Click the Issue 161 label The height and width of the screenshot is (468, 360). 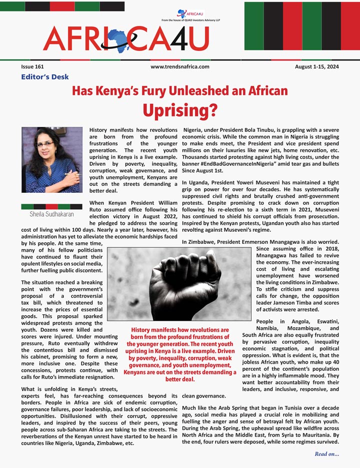click(x=32, y=66)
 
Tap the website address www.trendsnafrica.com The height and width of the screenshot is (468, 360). click(x=179, y=66)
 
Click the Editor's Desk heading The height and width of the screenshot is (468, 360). click(x=45, y=77)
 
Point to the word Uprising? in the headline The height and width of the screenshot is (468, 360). click(x=180, y=108)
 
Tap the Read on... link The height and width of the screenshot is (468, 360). click(x=327, y=454)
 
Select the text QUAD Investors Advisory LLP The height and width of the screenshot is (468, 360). click(x=205, y=20)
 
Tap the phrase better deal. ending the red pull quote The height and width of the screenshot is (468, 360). click(x=180, y=379)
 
